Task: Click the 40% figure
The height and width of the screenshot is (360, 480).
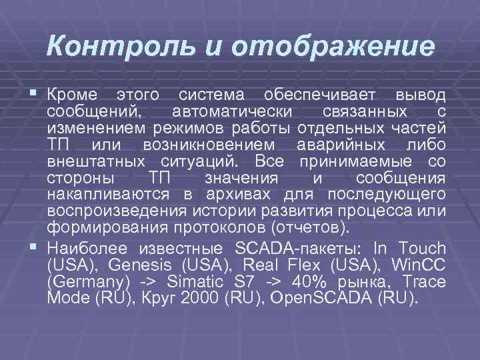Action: pyautogui.click(x=297, y=281)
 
